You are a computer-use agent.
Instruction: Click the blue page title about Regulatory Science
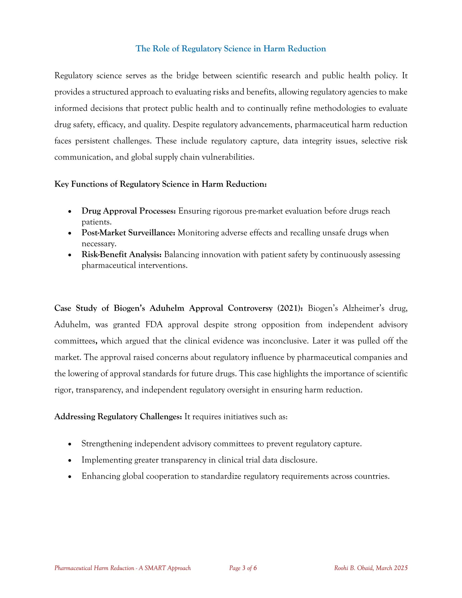231,49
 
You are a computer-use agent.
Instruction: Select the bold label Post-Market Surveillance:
128,233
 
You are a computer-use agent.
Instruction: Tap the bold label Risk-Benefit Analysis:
122,254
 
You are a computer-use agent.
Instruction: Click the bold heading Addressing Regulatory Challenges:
118,417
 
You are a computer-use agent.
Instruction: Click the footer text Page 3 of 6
243,568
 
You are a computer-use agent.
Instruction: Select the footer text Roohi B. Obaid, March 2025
371,568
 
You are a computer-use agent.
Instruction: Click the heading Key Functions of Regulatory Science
160,184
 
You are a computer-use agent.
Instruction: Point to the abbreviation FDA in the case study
154,324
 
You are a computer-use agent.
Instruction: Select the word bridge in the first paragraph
187,76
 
